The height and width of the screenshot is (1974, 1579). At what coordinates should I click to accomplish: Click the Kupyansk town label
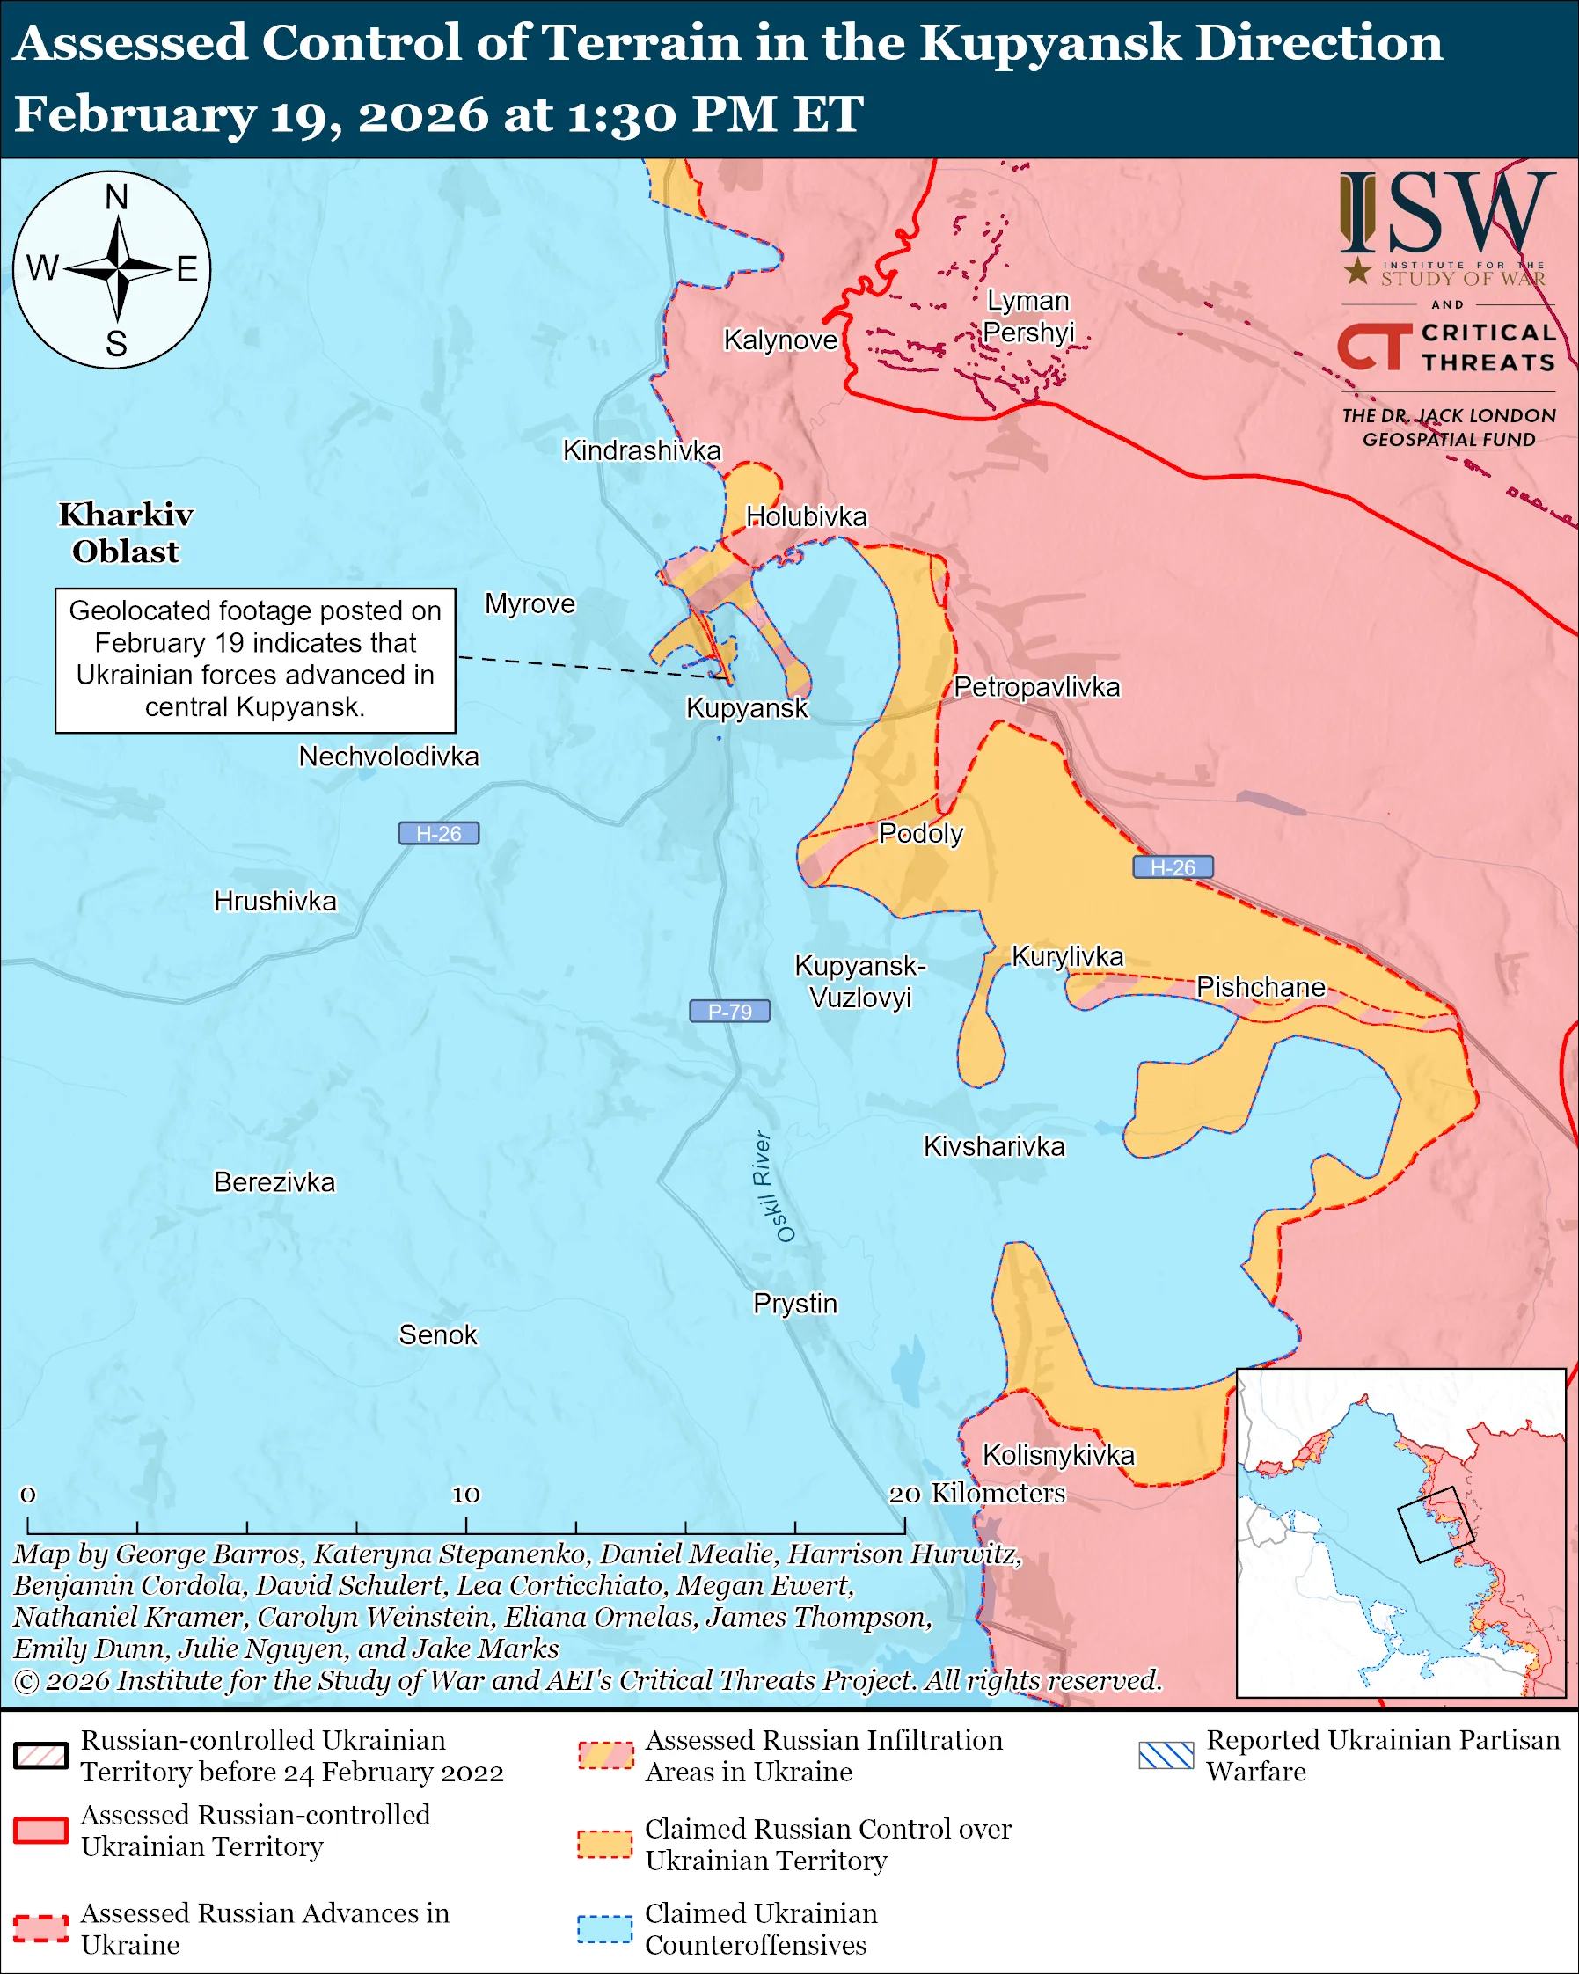coord(747,708)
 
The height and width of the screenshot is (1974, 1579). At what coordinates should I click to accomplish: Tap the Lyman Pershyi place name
coord(1028,316)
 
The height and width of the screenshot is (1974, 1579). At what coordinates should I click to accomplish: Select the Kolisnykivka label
coord(1058,1455)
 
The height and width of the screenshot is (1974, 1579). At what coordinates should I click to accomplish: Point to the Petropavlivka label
coord(1036,687)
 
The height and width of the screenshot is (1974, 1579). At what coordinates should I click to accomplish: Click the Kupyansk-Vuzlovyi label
coord(859,982)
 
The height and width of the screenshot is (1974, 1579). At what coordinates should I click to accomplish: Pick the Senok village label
coord(437,1335)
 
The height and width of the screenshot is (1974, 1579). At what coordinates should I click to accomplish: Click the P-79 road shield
coord(729,1011)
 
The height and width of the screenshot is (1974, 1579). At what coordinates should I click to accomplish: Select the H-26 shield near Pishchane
coord(1173,867)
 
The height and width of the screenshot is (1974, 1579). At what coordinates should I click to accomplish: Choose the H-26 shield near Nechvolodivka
coord(438,833)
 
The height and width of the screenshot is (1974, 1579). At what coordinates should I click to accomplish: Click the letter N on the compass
coord(116,197)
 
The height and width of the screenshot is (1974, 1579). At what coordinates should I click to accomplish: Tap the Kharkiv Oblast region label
coord(126,533)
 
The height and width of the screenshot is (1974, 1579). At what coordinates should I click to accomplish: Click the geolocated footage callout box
coord(255,660)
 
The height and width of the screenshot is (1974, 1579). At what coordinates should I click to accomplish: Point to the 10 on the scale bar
coord(465,1495)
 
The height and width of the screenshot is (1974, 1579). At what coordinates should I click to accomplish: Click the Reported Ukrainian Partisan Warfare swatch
coord(1166,1755)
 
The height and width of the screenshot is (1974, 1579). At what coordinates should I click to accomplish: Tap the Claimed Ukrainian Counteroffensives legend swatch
coord(604,1928)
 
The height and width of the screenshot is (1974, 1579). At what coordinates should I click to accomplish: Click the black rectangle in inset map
coord(1435,1524)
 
